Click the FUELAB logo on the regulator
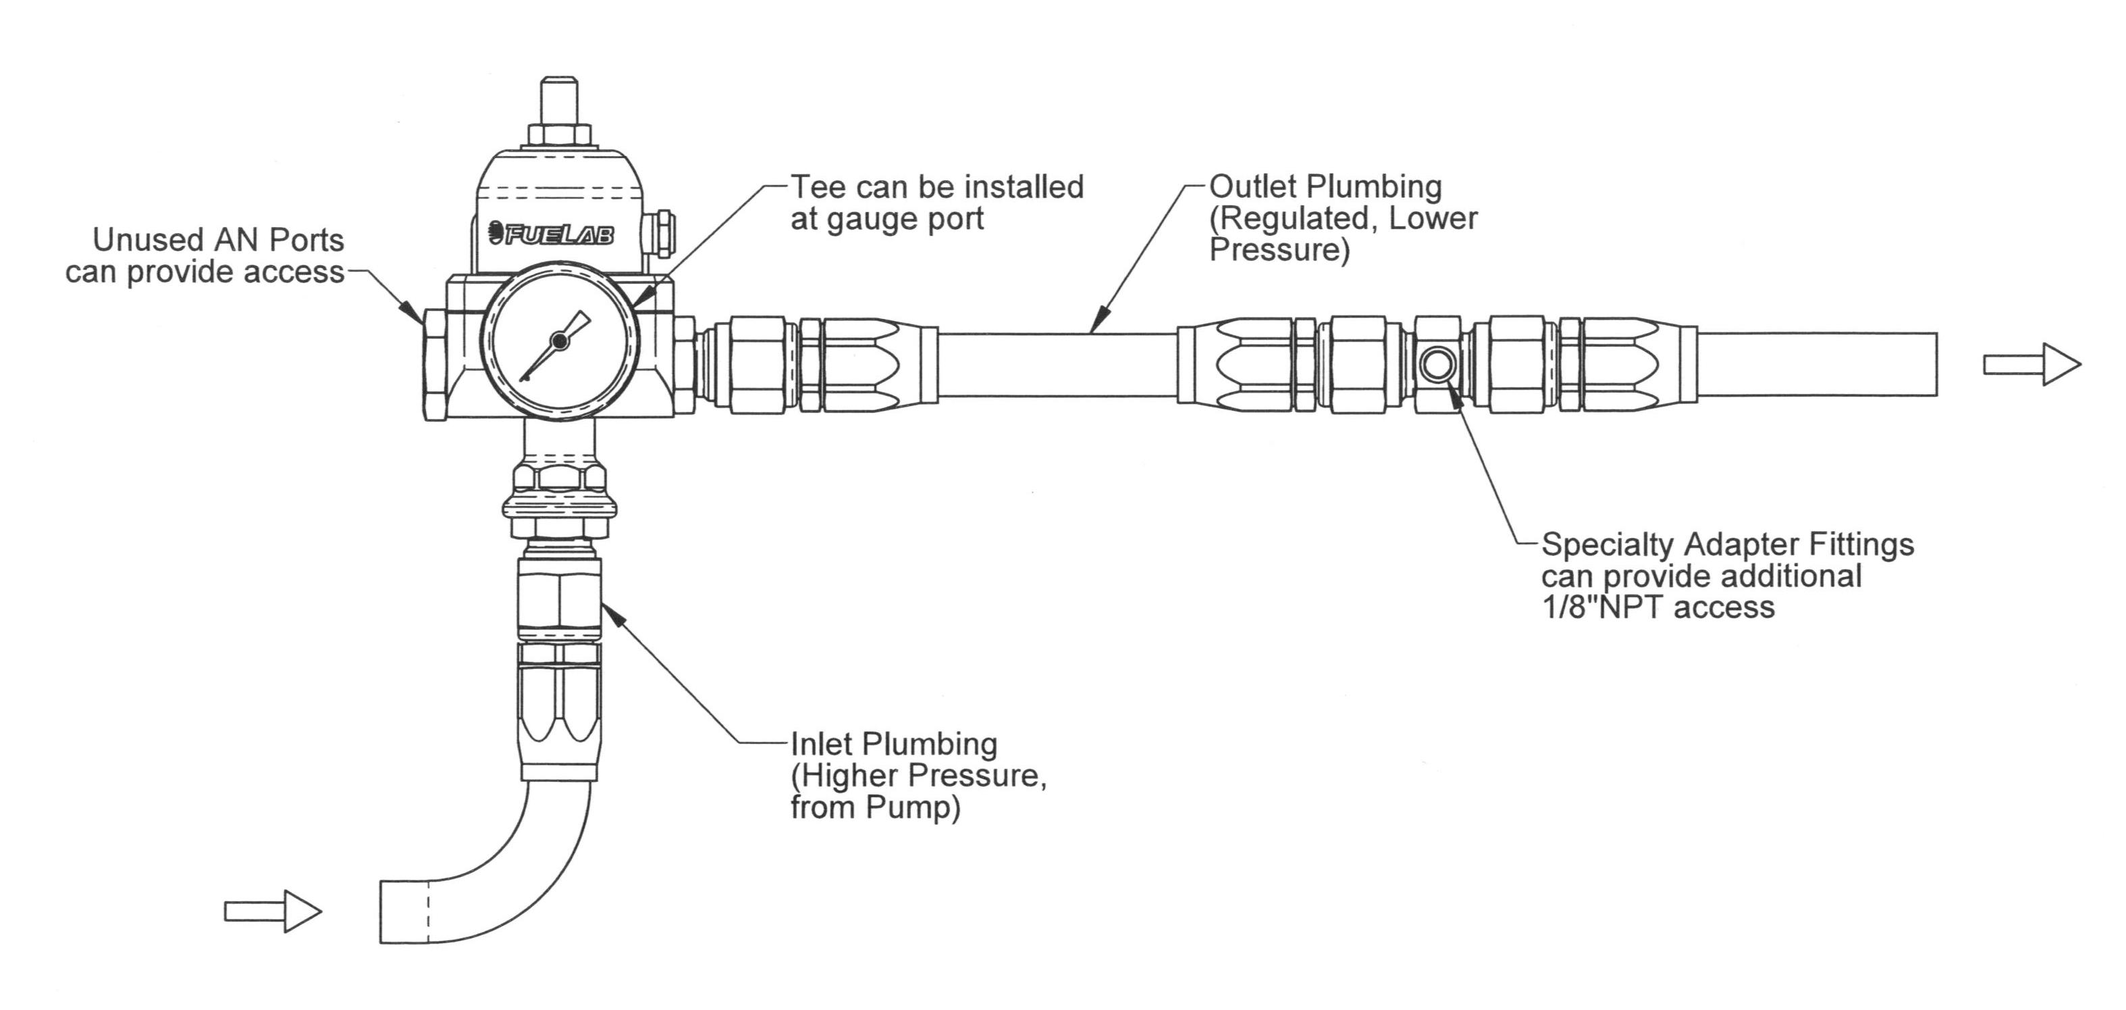coord(552,234)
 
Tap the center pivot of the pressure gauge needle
coord(559,339)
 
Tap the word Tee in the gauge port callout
coord(820,187)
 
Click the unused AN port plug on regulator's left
coord(435,363)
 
